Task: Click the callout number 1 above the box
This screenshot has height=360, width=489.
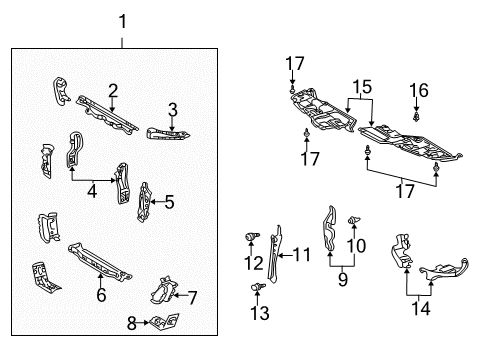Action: [122, 20]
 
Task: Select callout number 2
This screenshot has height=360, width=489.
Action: [113, 90]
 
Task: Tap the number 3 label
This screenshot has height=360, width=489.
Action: [172, 110]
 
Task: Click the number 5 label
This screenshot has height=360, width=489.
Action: [169, 202]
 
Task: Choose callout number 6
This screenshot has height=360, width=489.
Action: [100, 294]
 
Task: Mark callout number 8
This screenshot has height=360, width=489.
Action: [130, 322]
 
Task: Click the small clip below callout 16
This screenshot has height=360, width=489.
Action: [416, 117]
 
